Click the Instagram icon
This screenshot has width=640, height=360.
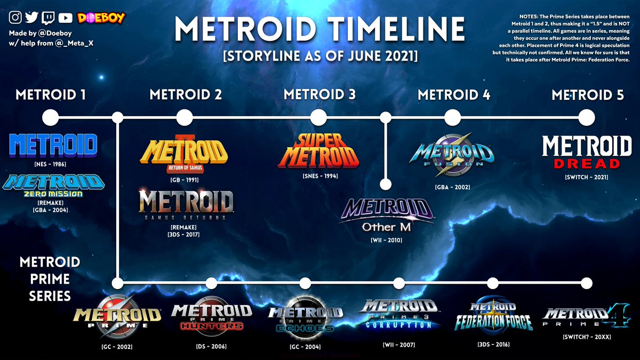coord(15,18)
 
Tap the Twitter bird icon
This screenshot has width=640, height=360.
coord(31,18)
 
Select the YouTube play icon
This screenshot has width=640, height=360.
coord(66,18)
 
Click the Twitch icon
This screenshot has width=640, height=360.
coord(48,18)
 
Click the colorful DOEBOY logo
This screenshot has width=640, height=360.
coord(101,18)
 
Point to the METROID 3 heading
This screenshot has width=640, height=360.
coord(319,94)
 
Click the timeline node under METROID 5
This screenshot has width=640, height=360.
coord(587,117)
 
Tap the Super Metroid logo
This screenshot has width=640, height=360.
coord(318,151)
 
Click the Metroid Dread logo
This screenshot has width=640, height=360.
coord(587,152)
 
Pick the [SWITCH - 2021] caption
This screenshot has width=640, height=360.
coord(587,177)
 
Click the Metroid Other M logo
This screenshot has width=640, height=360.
coord(387,215)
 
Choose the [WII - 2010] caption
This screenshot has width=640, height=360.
coord(386,241)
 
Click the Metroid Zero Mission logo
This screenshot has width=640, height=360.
coord(53,186)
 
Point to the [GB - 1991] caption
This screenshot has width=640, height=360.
coord(185,180)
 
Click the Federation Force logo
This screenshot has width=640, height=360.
coord(493,316)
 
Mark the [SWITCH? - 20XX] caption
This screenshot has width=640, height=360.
coord(587,337)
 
